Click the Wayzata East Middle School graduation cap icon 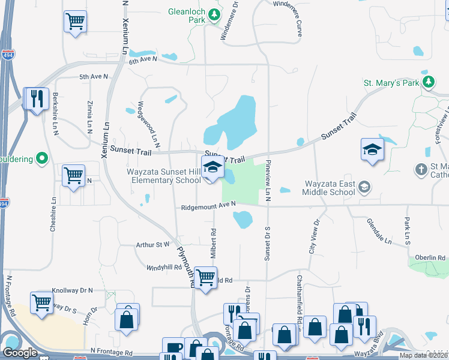pyautogui.click(x=364, y=188)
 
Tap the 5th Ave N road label pyautogui.click(x=94, y=77)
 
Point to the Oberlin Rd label pyautogui.click(x=433, y=258)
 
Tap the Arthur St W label pyautogui.click(x=154, y=244)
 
